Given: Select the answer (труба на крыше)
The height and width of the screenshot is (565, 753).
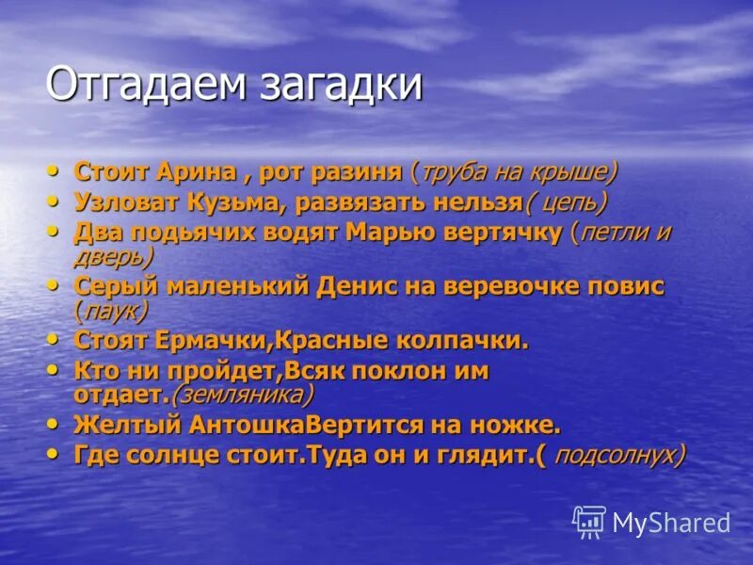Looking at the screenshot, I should coord(514,172).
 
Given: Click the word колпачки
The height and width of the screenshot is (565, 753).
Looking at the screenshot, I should coord(465,339).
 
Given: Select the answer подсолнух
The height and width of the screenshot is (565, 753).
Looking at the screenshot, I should coord(617,454).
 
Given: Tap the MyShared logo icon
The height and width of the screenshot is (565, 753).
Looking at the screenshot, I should coord(589,521).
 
